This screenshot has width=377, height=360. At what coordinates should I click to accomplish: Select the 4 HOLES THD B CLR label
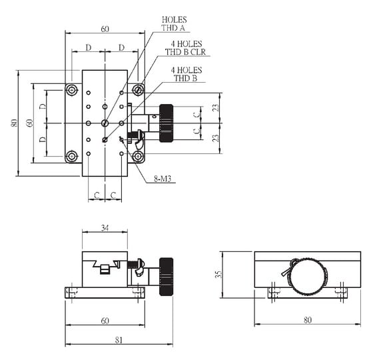click(x=185, y=49)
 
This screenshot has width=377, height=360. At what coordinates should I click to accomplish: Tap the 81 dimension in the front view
click(x=119, y=340)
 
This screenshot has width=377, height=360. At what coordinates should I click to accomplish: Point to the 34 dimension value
click(x=105, y=228)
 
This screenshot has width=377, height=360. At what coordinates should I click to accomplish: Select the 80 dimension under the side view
click(x=307, y=320)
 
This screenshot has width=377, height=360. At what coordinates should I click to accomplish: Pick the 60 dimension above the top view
click(x=105, y=29)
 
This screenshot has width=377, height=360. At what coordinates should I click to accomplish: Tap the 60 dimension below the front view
click(x=105, y=321)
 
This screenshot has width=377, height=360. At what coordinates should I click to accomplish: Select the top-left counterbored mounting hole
click(x=72, y=89)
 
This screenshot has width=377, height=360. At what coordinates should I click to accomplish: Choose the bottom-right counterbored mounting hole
click(x=139, y=157)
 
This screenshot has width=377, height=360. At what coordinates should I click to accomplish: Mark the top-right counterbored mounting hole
click(x=139, y=89)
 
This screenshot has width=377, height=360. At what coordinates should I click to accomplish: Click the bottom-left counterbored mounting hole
click(x=72, y=157)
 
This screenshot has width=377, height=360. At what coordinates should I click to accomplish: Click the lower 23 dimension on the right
click(x=216, y=138)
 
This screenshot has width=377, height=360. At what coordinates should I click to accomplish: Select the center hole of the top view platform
click(x=105, y=123)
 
